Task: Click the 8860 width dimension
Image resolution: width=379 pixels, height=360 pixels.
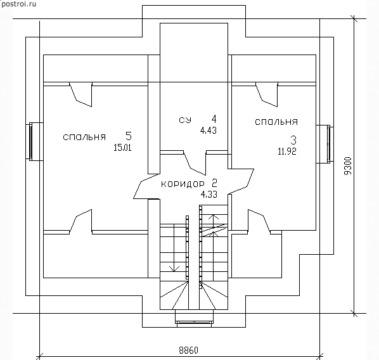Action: point(188,350)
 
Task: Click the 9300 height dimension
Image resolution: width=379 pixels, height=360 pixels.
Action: point(348,166)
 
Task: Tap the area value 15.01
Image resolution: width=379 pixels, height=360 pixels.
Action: point(122,148)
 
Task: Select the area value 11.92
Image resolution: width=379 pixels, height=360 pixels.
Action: point(287,151)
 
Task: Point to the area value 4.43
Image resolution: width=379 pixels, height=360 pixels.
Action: point(209,131)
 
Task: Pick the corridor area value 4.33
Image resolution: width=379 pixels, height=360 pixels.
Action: point(209,194)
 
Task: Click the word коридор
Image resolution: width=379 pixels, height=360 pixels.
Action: point(183,184)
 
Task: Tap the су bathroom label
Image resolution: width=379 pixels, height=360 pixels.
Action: point(185,120)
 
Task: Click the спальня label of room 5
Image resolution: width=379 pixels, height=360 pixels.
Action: point(84,137)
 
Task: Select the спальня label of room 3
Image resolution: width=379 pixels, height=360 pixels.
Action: point(276,122)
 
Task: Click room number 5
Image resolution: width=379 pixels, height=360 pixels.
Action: point(129,136)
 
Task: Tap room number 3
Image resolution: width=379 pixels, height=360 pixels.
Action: point(293,140)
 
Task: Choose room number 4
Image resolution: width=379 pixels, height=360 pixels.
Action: point(214,119)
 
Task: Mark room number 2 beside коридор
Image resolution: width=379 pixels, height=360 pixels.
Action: point(214,183)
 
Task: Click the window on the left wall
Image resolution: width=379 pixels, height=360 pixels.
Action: point(30,142)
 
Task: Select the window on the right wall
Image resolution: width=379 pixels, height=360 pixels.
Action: point(328,144)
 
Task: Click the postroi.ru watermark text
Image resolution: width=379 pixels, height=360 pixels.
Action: point(18,4)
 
